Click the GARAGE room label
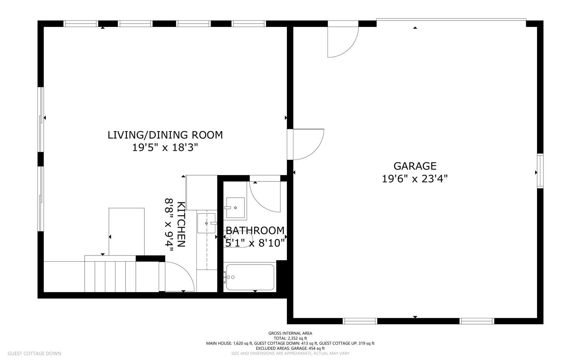[415, 166]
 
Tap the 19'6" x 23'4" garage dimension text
[415, 179]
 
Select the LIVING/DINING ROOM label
[165, 135]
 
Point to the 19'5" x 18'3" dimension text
[165, 148]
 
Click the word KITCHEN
[181, 224]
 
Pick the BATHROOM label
[255, 230]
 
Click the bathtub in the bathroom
[250, 277]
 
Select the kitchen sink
[206, 223]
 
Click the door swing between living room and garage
[309, 144]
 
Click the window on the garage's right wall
[540, 171]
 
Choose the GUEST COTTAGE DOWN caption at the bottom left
[34, 353]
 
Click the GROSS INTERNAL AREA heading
[290, 333]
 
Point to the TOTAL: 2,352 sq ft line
[290, 338]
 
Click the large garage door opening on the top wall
[451, 20]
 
